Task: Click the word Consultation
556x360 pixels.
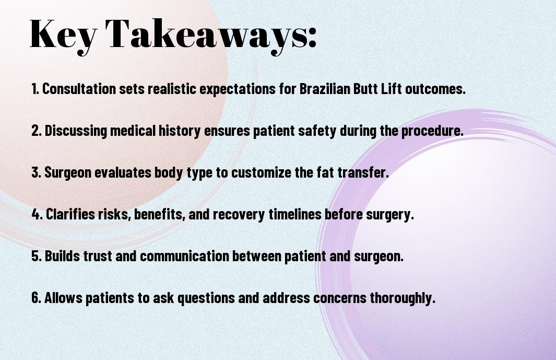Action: pos(79,89)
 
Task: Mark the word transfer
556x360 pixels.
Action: pos(363,172)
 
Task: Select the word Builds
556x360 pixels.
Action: pos(62,256)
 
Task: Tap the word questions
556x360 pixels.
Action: pos(206,298)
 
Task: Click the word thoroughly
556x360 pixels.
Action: pos(403,298)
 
